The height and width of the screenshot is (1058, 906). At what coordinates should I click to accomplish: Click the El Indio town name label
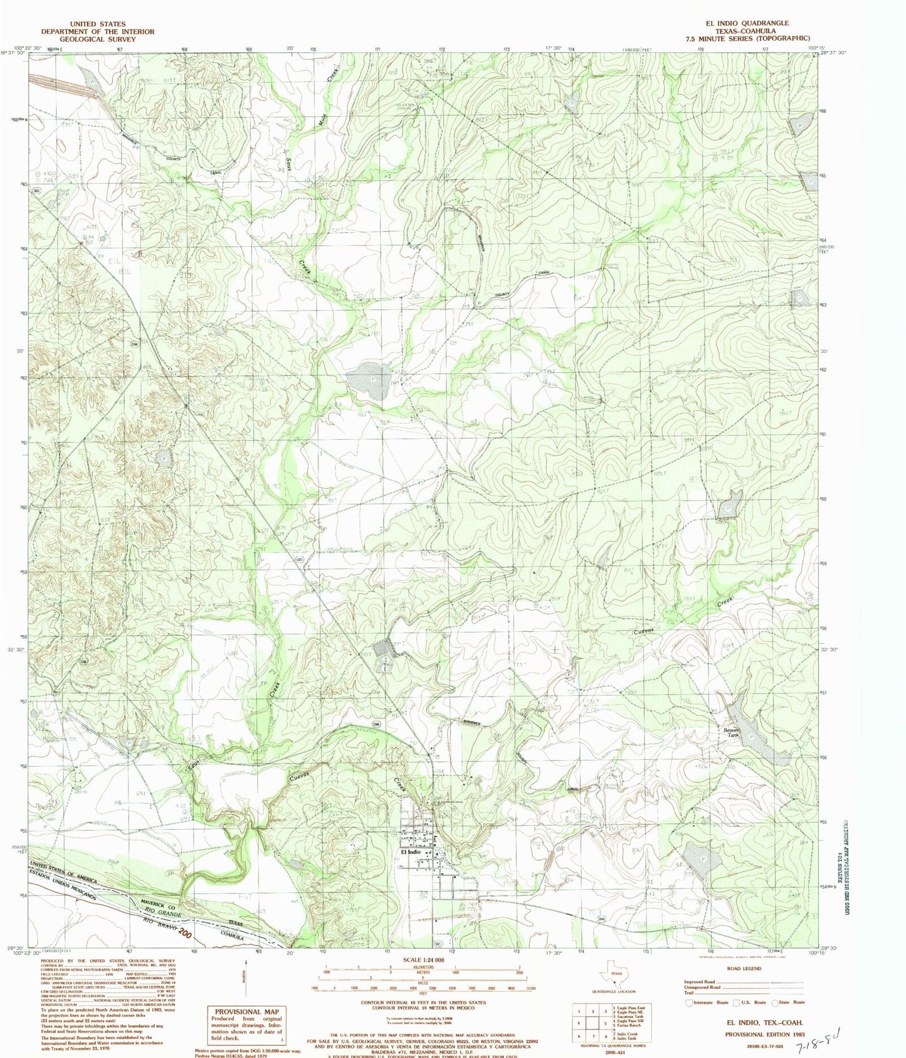406,852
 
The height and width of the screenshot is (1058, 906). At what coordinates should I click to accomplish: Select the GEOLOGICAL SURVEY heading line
97,39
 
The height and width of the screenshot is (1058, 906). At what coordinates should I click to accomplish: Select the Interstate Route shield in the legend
691,1002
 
